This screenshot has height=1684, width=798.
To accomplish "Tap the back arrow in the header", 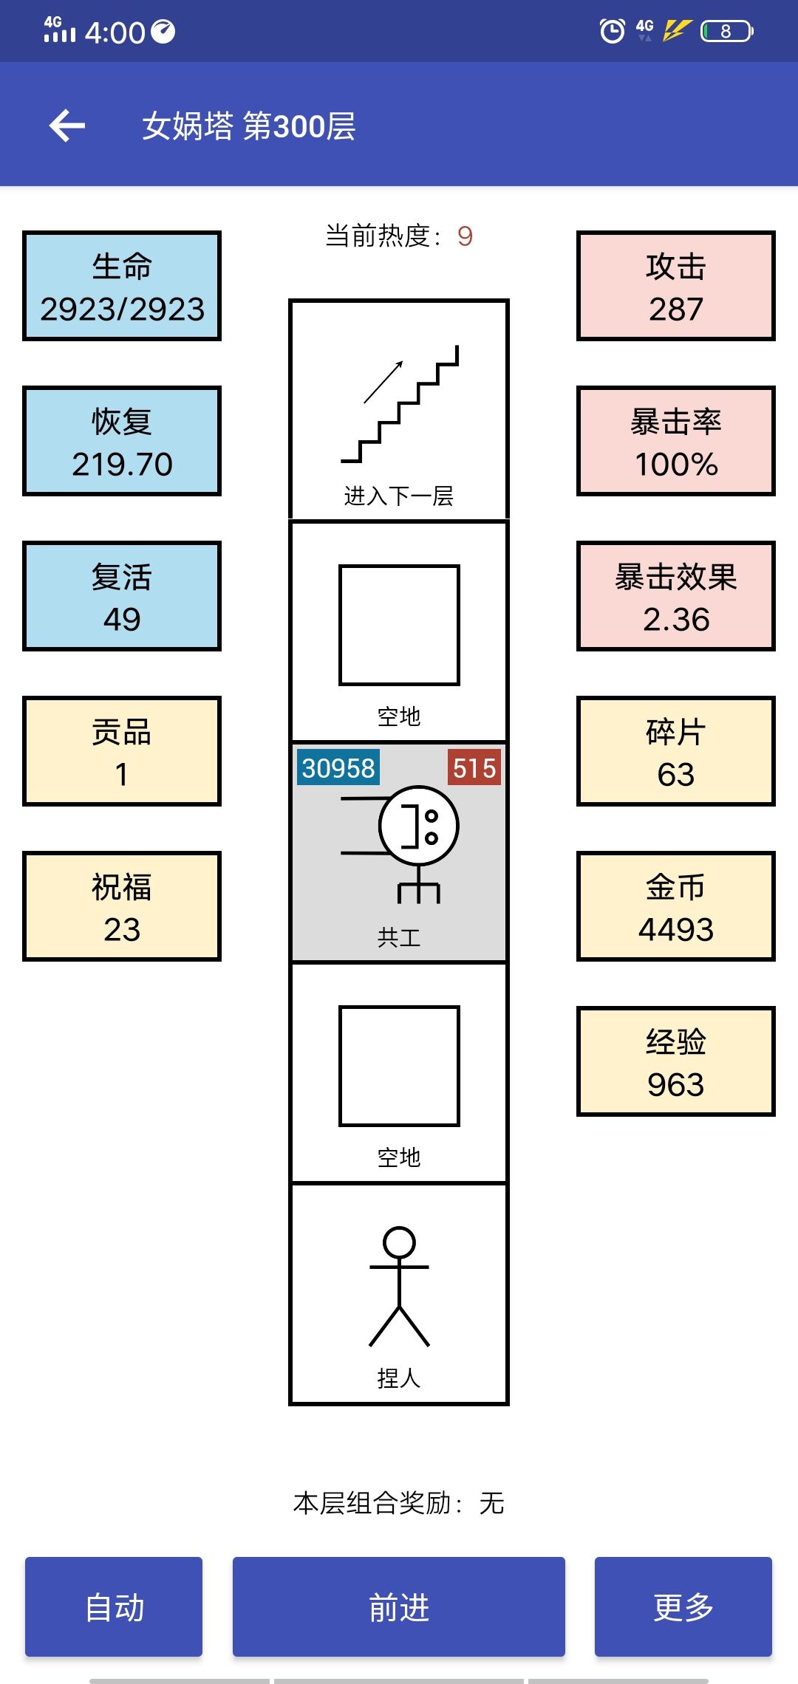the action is [x=67, y=126].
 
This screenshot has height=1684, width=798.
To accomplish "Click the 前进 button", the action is [x=399, y=1606].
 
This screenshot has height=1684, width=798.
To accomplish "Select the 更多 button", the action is [x=683, y=1606].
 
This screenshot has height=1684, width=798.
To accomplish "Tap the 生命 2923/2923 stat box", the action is [x=122, y=286].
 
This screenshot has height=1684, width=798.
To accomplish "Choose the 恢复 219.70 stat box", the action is [x=122, y=441].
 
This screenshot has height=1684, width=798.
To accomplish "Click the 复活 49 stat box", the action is [x=122, y=596].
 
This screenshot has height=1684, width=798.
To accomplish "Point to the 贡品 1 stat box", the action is [x=122, y=751].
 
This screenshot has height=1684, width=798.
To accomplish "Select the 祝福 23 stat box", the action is [x=122, y=906].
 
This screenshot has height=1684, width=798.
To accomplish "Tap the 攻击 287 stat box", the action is [x=676, y=286].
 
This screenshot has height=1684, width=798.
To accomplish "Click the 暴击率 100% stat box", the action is [x=676, y=441].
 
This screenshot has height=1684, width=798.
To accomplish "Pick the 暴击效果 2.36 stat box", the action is [x=676, y=596].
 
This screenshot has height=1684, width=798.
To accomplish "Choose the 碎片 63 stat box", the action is [x=676, y=751].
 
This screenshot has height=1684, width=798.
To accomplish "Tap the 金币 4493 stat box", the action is [x=676, y=906].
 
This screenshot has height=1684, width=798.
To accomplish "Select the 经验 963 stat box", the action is [x=676, y=1061].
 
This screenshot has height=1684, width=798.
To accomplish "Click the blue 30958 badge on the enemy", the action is [x=338, y=768].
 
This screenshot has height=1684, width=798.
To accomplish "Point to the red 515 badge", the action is [x=474, y=768].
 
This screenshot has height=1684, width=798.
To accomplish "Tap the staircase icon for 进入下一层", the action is [x=400, y=403].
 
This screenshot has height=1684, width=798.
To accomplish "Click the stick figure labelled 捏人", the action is [x=399, y=1286].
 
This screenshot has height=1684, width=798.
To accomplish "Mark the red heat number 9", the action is [x=465, y=236].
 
